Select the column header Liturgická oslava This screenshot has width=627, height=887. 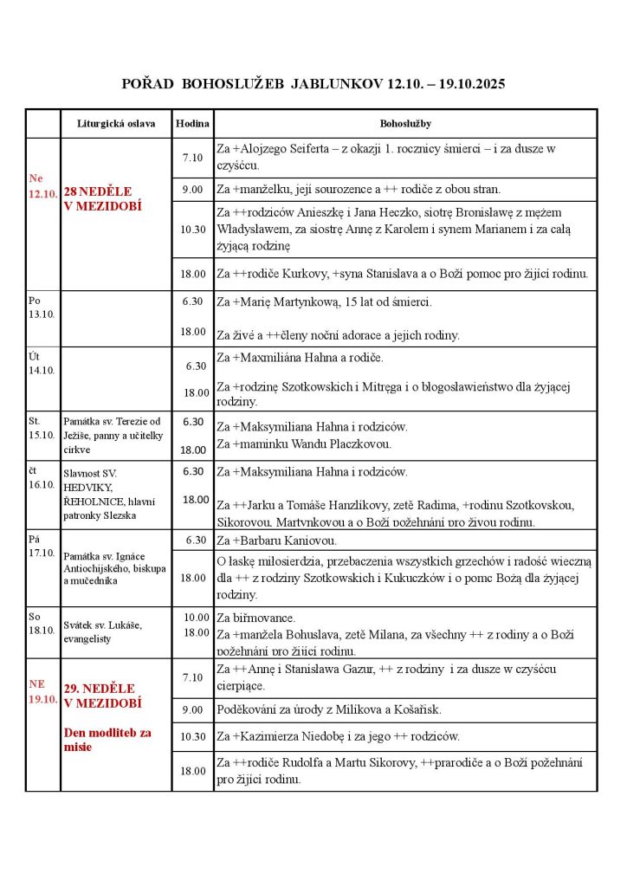click(x=115, y=124)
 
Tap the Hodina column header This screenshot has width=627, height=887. click(x=191, y=124)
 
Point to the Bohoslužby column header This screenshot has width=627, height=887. click(x=405, y=124)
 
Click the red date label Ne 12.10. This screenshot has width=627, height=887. click(x=42, y=186)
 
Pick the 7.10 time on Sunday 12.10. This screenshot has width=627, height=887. click(x=192, y=158)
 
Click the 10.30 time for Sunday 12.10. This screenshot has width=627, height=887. click(x=192, y=230)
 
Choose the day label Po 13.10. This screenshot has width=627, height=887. click(x=41, y=307)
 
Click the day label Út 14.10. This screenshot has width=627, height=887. click(x=41, y=363)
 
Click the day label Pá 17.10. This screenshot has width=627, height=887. click(x=41, y=545)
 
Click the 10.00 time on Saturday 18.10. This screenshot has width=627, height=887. click(x=196, y=617)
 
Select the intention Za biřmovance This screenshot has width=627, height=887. click(x=255, y=618)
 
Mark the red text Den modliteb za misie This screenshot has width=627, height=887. click(x=107, y=739)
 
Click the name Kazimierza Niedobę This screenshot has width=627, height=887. click(x=297, y=736)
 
